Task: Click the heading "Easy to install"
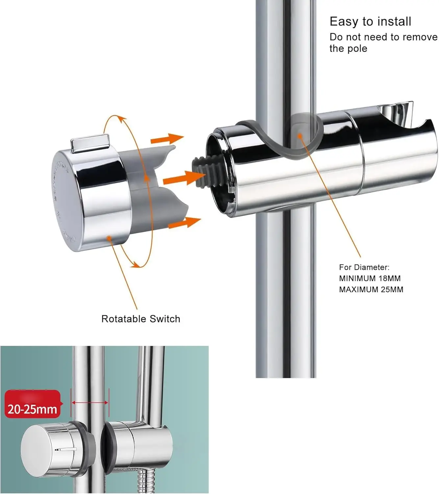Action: coord(370,21)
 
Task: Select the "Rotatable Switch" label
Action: coord(141,319)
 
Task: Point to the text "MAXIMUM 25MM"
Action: coord(371,289)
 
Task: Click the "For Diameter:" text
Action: coord(364,267)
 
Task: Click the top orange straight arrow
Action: coord(167,139)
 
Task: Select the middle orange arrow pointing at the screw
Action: coord(184,178)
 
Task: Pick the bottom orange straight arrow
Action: coord(184,222)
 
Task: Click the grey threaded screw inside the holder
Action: coord(202,172)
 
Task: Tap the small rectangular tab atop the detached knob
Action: coord(90,143)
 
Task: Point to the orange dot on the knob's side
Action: coord(109,237)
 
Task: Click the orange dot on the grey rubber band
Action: coord(300,136)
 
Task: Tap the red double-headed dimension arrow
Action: coord(90,402)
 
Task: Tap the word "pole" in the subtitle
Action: coord(357,48)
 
